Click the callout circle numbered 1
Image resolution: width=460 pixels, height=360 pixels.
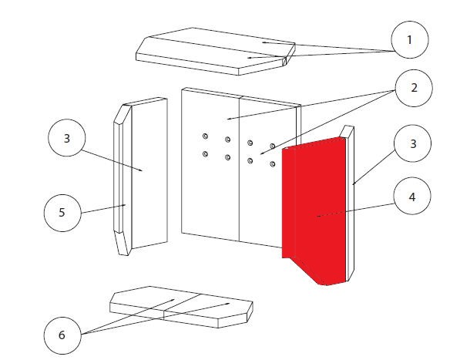(410, 39)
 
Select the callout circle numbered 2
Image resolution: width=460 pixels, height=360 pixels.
(414, 88)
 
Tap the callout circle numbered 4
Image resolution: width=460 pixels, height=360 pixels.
(412, 196)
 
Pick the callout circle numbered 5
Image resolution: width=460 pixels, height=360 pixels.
(62, 213)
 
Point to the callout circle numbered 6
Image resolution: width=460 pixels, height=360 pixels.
(62, 335)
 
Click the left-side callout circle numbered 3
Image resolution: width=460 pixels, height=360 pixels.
(67, 138)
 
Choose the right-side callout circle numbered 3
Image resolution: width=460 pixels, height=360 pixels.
(413, 143)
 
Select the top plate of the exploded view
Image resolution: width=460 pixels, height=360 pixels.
(216, 52)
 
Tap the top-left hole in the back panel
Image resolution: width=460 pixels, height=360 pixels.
(206, 136)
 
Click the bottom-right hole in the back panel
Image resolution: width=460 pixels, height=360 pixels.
(273, 164)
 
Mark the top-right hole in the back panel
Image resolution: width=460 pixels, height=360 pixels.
(273, 146)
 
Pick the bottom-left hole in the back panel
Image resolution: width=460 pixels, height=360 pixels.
(206, 153)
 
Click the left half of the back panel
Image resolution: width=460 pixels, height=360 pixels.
(210, 164)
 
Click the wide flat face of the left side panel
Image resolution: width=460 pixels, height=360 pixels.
(149, 173)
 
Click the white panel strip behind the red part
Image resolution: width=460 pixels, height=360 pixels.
(350, 203)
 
